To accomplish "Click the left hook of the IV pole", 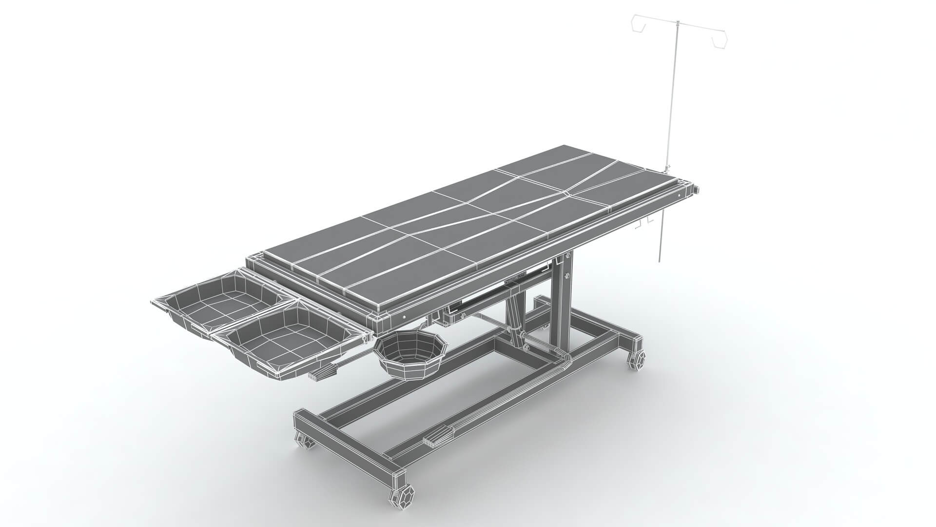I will (639, 24).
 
